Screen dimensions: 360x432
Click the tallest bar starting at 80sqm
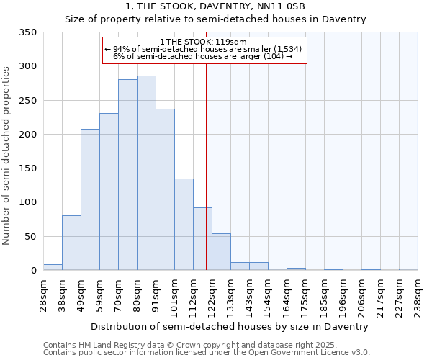pyautogui.click(x=146, y=173)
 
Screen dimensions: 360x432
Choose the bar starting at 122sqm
pyautogui.click(x=221, y=252)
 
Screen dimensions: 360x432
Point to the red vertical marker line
pyautogui.click(x=207, y=166)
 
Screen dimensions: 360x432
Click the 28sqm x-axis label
pyautogui.click(x=43, y=294)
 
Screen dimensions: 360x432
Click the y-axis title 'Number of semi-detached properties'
pyautogui.click(x=6, y=155)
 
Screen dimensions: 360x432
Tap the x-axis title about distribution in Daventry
pyautogui.click(x=230, y=326)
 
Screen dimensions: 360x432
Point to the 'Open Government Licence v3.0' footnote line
pyautogui.click(x=207, y=353)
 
